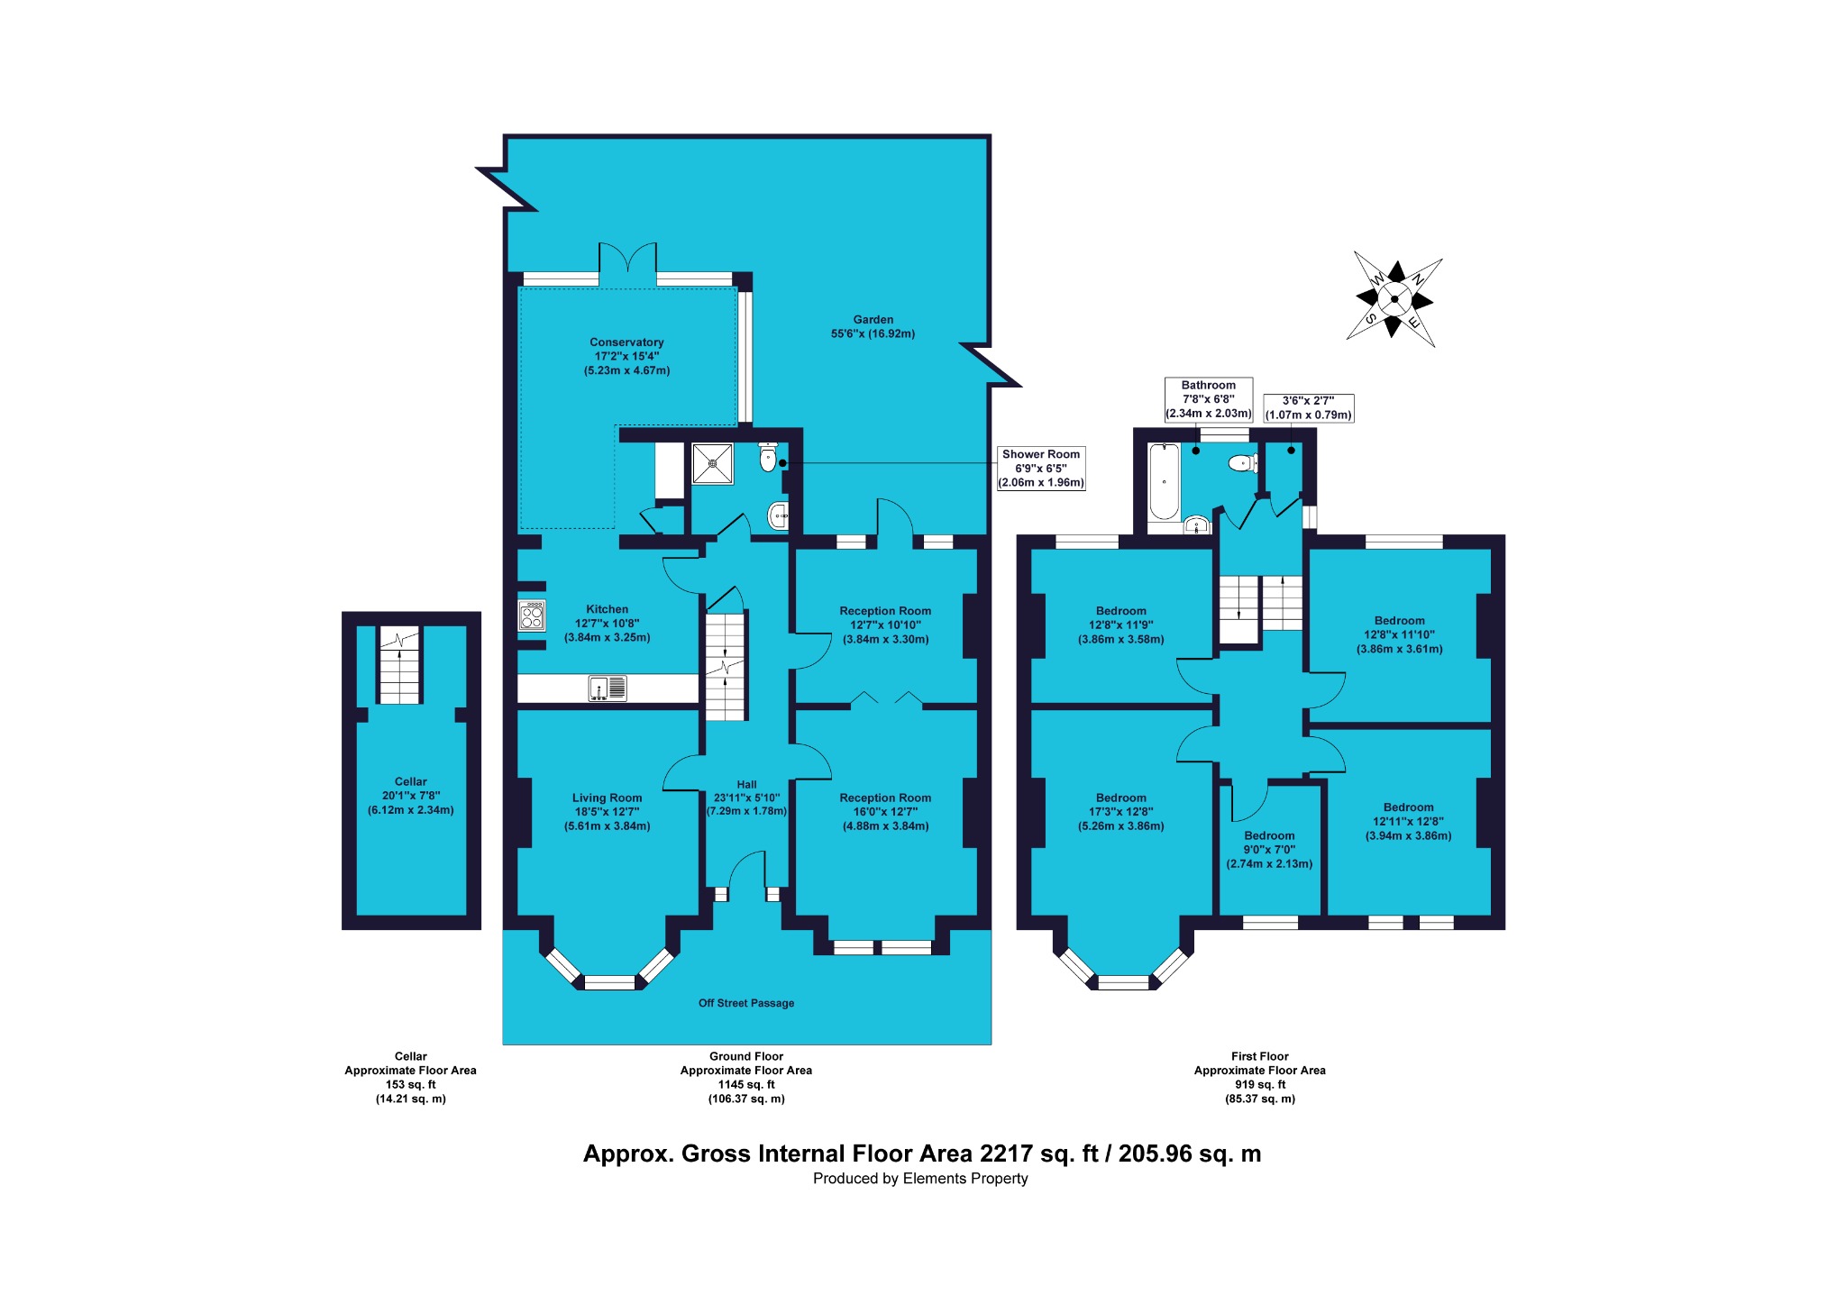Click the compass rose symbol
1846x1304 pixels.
1394,299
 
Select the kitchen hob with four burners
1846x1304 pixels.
532,616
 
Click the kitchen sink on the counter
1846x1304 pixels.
608,688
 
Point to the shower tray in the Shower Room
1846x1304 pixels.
713,463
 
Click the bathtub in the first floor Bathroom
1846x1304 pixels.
1164,482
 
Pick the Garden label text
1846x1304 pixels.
873,326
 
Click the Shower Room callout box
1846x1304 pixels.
1041,469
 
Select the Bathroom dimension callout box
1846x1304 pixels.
1209,399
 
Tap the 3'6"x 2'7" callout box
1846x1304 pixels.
1308,408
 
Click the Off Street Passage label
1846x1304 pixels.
746,1003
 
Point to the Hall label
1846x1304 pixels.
746,784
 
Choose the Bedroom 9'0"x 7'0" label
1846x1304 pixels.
1269,850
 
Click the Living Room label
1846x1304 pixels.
607,798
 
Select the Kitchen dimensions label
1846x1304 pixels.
607,630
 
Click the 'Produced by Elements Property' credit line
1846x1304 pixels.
920,1179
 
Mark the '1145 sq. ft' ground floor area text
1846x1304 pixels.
746,1085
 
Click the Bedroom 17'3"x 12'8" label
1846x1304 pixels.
1121,812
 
